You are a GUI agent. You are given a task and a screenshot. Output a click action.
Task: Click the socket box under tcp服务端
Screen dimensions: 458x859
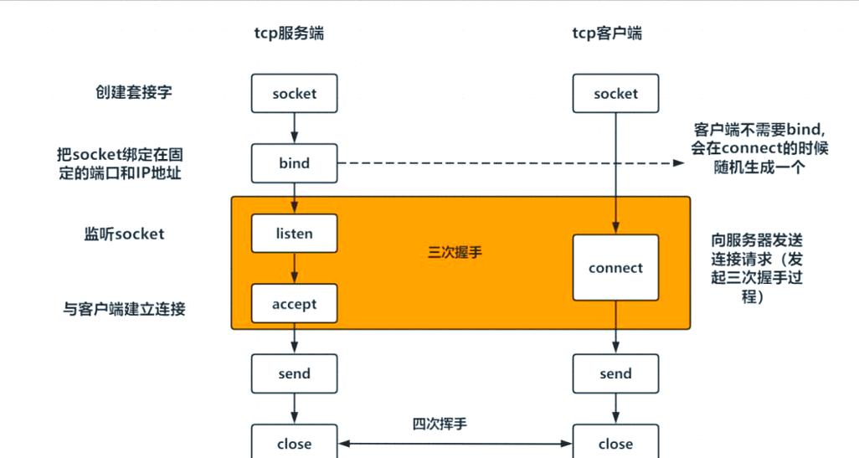tap(294, 94)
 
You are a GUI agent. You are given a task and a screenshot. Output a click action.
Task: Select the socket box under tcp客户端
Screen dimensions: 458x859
tap(615, 94)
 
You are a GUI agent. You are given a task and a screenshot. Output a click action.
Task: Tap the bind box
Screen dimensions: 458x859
tap(294, 163)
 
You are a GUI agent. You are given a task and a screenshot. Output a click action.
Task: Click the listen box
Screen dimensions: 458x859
tap(294, 234)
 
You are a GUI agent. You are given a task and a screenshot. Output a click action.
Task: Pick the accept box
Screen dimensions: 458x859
tap(294, 304)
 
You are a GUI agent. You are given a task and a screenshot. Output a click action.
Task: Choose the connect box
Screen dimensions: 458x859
tap(615, 268)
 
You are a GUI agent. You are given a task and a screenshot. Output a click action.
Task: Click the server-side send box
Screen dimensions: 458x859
tap(294, 374)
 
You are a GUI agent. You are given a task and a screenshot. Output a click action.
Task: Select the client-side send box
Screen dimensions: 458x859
tap(615, 374)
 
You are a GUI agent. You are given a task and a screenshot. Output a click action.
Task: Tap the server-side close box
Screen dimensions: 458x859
tap(294, 443)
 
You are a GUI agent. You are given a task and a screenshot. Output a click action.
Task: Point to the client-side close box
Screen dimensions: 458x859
tap(615, 443)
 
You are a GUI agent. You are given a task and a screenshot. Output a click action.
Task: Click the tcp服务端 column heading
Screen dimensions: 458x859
tap(289, 33)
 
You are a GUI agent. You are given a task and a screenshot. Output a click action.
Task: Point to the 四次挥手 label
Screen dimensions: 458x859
tap(440, 424)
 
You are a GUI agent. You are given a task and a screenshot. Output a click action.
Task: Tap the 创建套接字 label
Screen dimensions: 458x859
tap(134, 93)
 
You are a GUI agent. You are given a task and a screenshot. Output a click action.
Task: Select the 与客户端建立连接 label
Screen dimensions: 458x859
tap(125, 309)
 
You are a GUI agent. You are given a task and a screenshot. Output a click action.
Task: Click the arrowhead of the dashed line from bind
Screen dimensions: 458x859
tap(679, 164)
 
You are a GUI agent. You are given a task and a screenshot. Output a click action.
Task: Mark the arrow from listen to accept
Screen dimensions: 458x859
tap(294, 268)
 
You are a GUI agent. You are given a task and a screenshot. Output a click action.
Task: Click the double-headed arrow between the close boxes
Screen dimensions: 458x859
tap(455, 444)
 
